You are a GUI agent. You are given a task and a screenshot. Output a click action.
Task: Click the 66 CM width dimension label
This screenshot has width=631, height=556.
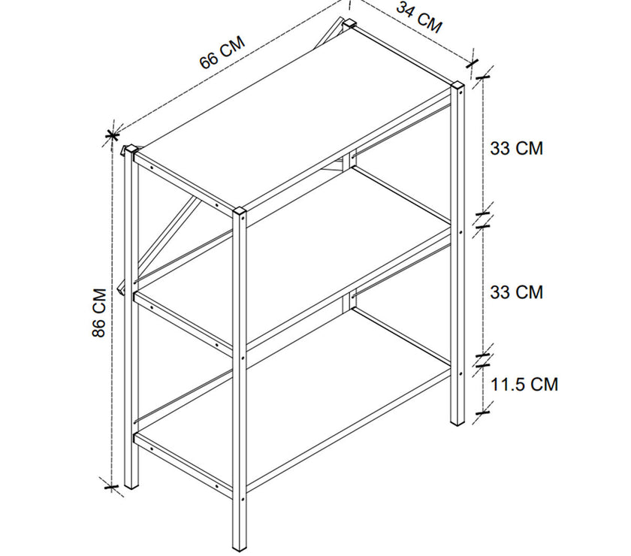(x=222, y=53)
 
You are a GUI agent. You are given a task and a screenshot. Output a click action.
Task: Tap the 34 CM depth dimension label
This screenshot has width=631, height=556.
(x=419, y=17)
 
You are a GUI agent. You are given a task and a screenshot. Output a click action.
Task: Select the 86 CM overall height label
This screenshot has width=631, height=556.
(x=98, y=313)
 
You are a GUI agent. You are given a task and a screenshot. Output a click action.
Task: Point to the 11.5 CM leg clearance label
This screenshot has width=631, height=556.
(x=524, y=385)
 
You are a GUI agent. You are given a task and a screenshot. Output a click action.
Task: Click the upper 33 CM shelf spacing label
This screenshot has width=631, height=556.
(x=516, y=148)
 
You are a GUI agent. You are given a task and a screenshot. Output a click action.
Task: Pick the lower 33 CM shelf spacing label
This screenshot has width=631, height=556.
(x=516, y=292)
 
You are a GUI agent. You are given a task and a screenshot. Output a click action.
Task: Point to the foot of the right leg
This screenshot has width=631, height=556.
(x=457, y=421)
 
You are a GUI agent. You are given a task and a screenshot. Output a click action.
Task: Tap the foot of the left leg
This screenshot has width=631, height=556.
(x=131, y=485)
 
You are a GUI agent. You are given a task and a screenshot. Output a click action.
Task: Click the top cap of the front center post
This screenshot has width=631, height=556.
(x=240, y=210)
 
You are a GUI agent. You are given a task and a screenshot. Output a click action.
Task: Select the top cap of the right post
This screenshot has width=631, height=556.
(x=457, y=86)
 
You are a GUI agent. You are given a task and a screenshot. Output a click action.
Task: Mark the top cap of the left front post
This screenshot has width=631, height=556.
(x=131, y=150)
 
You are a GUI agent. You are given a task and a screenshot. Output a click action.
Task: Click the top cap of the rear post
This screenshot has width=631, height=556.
(x=349, y=23)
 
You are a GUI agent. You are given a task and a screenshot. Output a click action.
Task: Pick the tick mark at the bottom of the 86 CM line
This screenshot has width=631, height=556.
(x=111, y=487)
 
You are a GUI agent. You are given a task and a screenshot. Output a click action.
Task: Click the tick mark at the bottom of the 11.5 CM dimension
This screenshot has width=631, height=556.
(x=482, y=412)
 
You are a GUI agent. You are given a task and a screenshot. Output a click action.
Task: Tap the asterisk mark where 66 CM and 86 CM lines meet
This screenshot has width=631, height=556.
(x=112, y=136)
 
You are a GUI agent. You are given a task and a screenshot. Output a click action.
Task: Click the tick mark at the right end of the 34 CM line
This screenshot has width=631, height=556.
(x=472, y=63)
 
